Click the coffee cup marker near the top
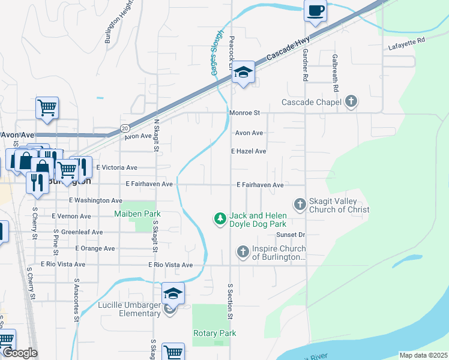tap(316, 10)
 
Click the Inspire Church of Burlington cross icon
tap(243, 253)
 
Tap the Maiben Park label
tap(137, 214)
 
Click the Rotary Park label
tap(214, 333)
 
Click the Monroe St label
tap(244, 112)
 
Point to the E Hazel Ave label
tap(249, 152)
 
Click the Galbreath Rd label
tap(336, 73)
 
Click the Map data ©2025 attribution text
tap(423, 355)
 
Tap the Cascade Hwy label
tap(279, 52)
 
